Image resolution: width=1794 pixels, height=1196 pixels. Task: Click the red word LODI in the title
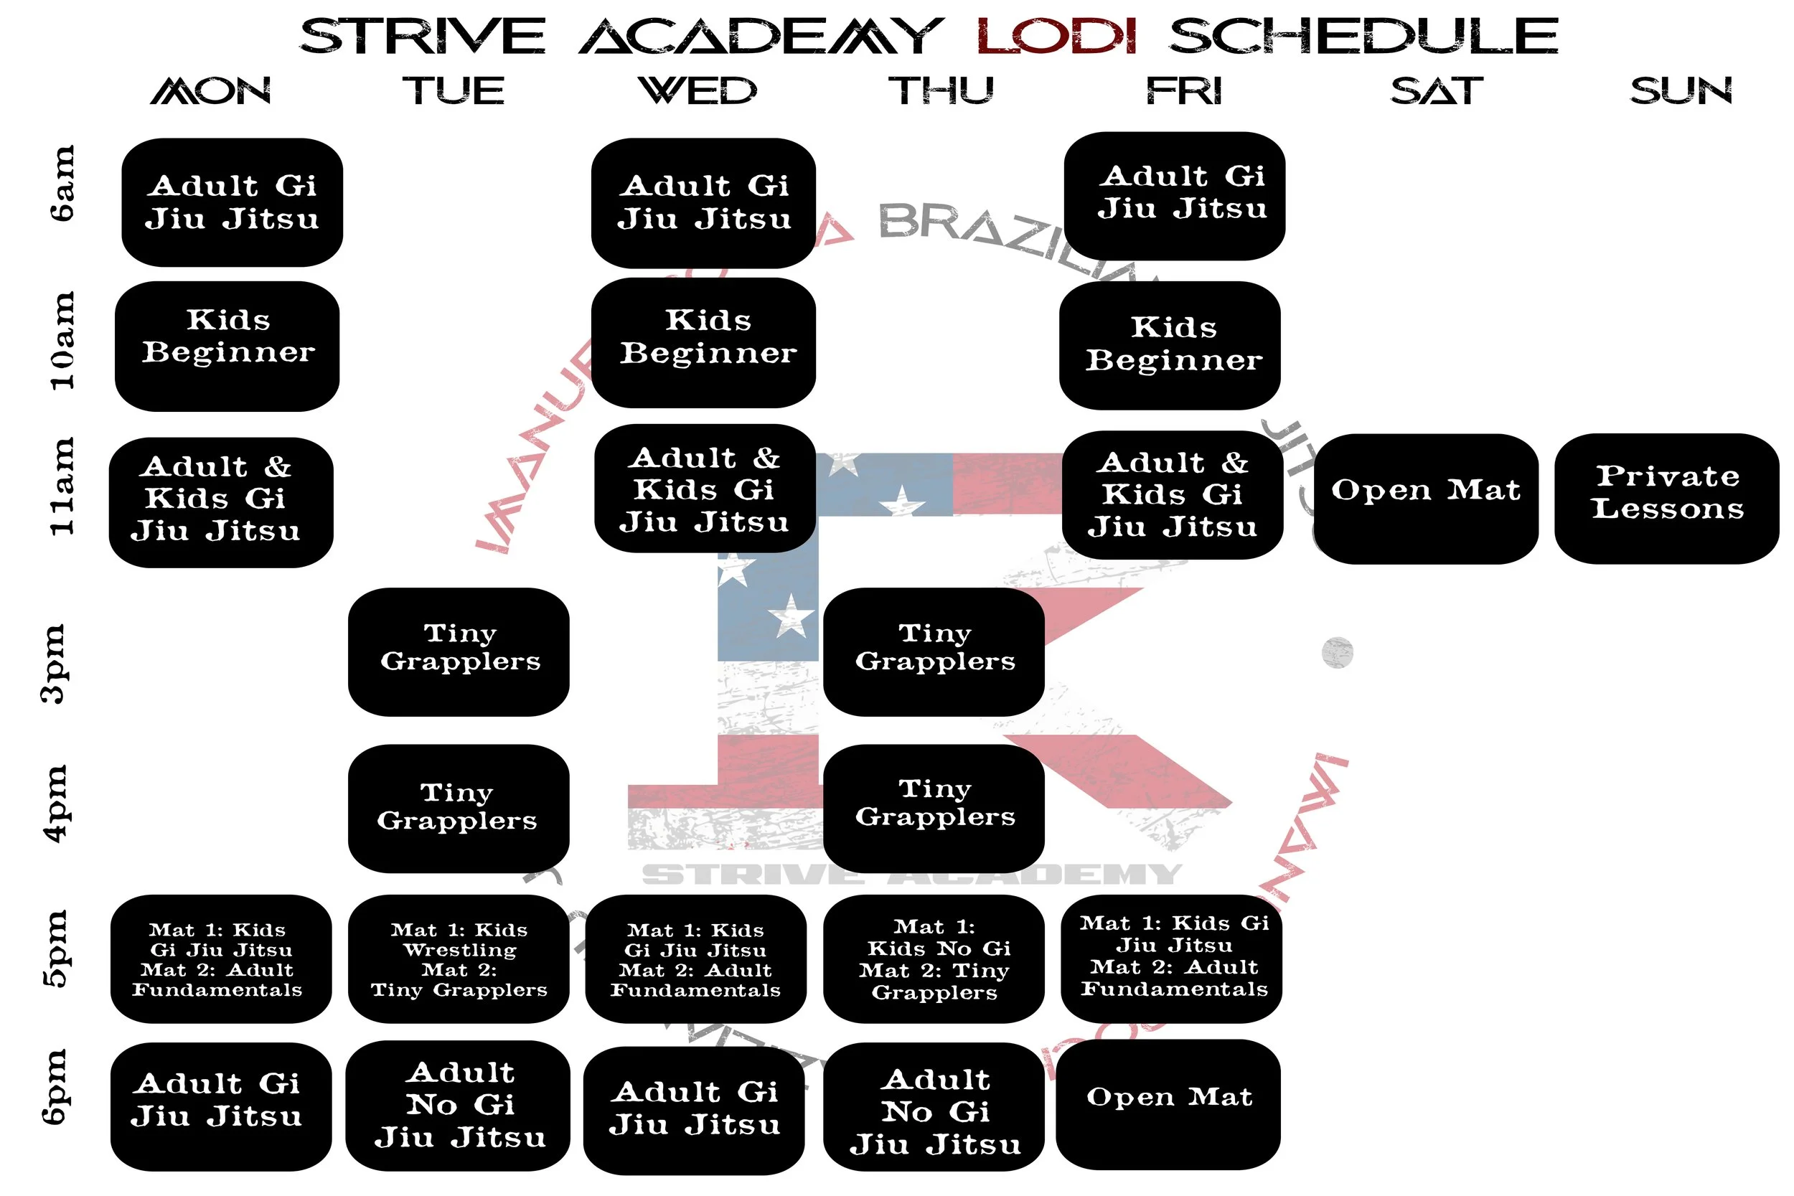[x=1056, y=36]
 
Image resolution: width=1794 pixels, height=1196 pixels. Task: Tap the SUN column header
[x=1681, y=91]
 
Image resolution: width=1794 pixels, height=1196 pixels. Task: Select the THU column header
[x=941, y=91]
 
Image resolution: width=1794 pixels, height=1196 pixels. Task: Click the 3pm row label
[x=55, y=663]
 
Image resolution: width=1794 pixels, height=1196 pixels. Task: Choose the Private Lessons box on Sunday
[x=1666, y=499]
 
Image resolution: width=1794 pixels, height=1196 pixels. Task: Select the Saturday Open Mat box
[x=1425, y=499]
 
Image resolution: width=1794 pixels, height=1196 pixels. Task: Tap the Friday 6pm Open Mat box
[x=1168, y=1103]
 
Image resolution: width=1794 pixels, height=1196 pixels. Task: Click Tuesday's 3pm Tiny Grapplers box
[x=459, y=651]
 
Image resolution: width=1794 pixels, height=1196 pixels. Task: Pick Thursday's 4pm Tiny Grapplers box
[x=934, y=808]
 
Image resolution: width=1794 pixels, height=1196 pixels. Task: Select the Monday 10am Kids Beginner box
[x=227, y=347]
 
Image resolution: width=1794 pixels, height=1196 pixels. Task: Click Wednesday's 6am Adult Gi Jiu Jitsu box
[x=703, y=203]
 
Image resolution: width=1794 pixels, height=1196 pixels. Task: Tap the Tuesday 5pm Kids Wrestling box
[x=459, y=959]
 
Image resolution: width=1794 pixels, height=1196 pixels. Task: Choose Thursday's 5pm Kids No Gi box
[x=934, y=959]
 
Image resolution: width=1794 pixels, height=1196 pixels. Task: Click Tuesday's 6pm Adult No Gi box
[x=459, y=1105]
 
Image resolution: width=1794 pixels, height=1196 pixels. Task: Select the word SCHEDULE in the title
[x=1363, y=36]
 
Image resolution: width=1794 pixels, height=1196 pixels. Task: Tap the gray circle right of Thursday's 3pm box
[x=1337, y=653]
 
